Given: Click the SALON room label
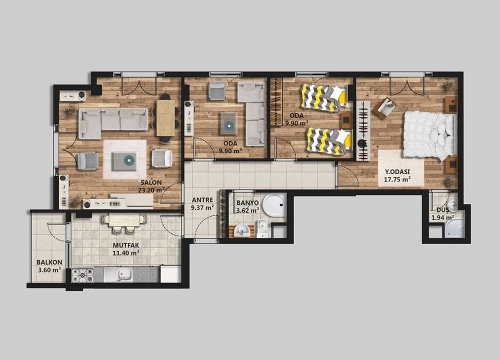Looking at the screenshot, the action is point(151,182).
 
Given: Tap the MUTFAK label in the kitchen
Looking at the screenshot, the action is point(126,245).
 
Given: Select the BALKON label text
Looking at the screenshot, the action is point(49,262).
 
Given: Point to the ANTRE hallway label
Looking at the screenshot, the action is point(202,200).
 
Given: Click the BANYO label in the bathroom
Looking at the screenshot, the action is point(247,203).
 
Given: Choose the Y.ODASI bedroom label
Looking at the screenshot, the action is point(396,171).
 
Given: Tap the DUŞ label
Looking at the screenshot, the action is point(442,210).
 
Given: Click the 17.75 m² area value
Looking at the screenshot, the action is point(397,179).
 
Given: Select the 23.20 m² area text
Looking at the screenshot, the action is point(151,190).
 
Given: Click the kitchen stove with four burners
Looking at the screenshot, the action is point(82,275).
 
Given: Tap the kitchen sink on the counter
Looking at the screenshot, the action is point(118,275).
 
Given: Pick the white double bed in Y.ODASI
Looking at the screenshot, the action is point(429,135).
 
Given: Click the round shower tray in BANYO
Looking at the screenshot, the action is point(274,204).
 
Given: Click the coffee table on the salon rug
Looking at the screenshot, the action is point(125,161).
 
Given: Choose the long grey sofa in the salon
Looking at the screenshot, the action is point(113,123).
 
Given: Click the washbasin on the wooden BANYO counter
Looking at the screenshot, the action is point(241,230).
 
